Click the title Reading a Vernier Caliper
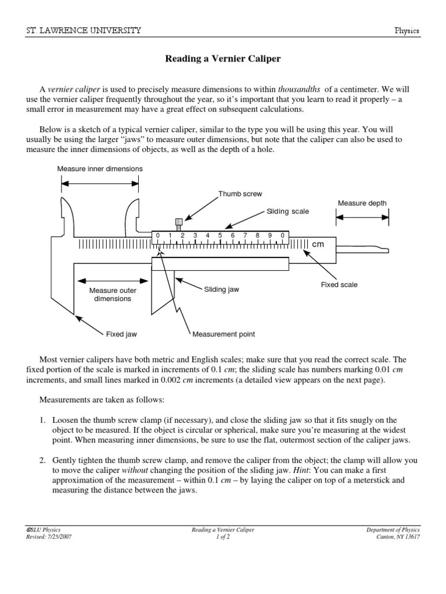pyautogui.click(x=223, y=59)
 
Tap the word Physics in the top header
pyautogui.click(x=407, y=31)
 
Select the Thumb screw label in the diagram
pyautogui.click(x=240, y=194)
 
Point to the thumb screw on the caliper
pyautogui.click(x=179, y=222)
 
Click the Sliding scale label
pyautogui.click(x=287, y=212)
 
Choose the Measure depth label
pyautogui.click(x=362, y=203)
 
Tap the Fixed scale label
pyautogui.click(x=339, y=285)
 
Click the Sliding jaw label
pyautogui.click(x=221, y=289)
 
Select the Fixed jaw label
pyautogui.click(x=121, y=334)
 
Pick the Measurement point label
pyautogui.click(x=223, y=334)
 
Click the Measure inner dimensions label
pyautogui.click(x=99, y=169)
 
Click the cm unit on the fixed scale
pyautogui.click(x=318, y=244)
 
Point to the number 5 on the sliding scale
pyautogui.click(x=220, y=235)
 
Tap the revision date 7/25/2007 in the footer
pyautogui.click(x=59, y=537)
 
